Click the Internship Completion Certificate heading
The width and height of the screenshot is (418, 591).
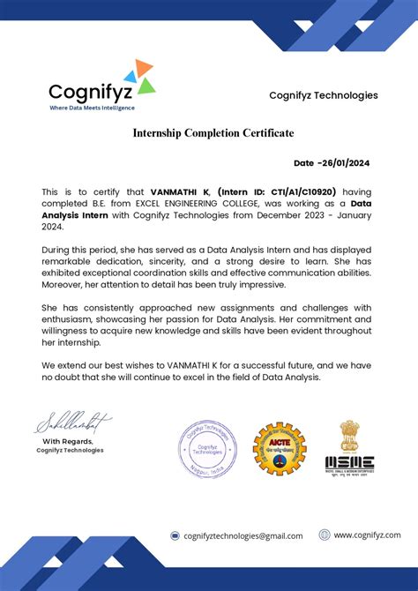click(x=213, y=133)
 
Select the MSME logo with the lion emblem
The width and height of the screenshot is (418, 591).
click(x=350, y=447)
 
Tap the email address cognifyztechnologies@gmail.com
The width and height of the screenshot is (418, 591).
click(x=243, y=535)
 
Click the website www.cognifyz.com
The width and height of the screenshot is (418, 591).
click(x=366, y=535)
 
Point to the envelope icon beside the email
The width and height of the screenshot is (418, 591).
click(x=175, y=535)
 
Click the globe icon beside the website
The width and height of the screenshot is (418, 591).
click(x=325, y=535)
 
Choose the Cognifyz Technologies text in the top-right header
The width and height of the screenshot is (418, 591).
click(x=323, y=95)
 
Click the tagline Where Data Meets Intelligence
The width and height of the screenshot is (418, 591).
click(x=92, y=108)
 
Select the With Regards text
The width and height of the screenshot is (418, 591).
click(x=69, y=441)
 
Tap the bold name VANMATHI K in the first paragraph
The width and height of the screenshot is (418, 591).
click(x=180, y=191)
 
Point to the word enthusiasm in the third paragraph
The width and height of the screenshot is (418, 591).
click(x=71, y=318)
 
